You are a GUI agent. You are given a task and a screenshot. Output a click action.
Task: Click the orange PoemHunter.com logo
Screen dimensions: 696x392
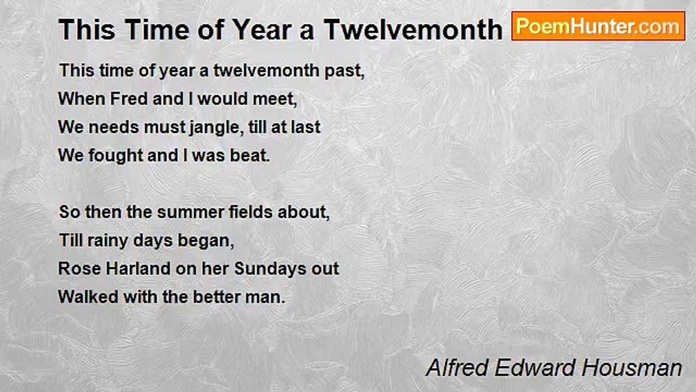pyautogui.click(x=598, y=26)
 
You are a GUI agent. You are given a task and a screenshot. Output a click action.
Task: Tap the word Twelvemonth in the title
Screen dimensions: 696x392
pyautogui.click(x=413, y=30)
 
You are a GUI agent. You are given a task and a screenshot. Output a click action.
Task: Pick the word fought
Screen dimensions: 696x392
pyautogui.click(x=116, y=156)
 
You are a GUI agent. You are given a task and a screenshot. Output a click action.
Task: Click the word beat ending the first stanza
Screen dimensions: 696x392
pyautogui.click(x=250, y=155)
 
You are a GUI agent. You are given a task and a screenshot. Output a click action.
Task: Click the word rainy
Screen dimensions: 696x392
pyautogui.click(x=108, y=241)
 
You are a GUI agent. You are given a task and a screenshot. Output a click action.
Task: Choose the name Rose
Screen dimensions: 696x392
pyautogui.click(x=79, y=268)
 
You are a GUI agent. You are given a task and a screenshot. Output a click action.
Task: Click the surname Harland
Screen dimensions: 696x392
pyautogui.click(x=138, y=268)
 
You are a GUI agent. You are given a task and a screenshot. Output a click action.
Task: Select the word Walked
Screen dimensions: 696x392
pyautogui.click(x=88, y=297)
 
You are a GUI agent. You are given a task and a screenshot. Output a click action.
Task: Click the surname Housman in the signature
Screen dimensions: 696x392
pyautogui.click(x=632, y=367)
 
